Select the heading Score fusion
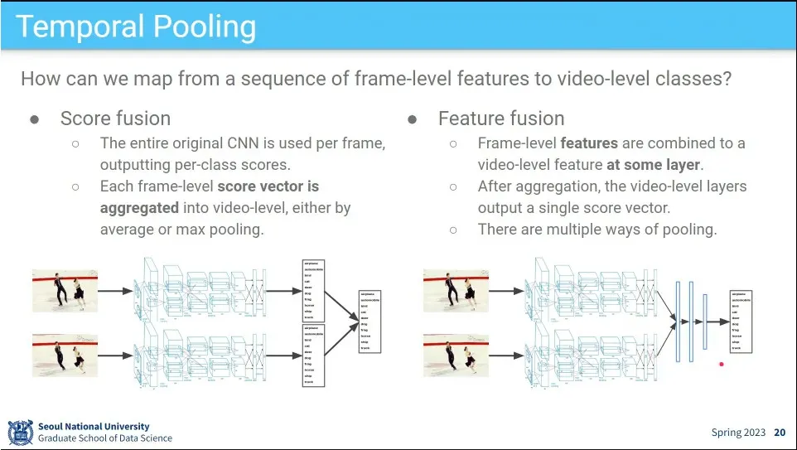115,119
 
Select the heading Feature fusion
501,119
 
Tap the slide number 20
780,433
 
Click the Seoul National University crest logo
20,432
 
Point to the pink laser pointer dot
722,363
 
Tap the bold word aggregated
139,208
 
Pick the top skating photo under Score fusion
65,290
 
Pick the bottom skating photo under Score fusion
65,355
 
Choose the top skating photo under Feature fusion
456,290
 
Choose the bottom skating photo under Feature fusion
456,355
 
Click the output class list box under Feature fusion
741,320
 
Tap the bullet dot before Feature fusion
413,119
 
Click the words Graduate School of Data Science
105,438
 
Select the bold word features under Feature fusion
591,143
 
